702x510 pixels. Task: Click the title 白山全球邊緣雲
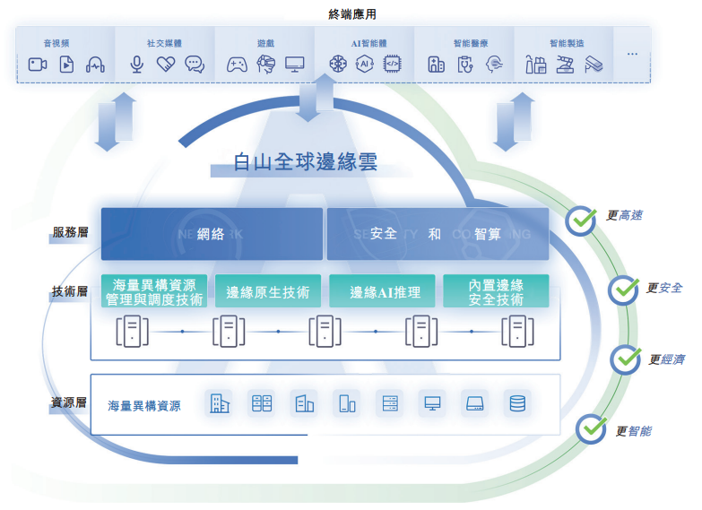(305, 162)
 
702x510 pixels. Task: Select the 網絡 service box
(212, 234)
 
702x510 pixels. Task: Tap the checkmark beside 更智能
(591, 429)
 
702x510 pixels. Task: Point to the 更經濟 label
(666, 359)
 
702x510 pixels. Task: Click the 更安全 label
(664, 289)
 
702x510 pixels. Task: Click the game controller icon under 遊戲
(237, 65)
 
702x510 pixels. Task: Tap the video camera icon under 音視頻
(38, 65)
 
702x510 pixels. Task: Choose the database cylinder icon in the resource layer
(516, 404)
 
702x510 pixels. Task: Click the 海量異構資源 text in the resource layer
(144, 406)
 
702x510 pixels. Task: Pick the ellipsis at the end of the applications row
(632, 55)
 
